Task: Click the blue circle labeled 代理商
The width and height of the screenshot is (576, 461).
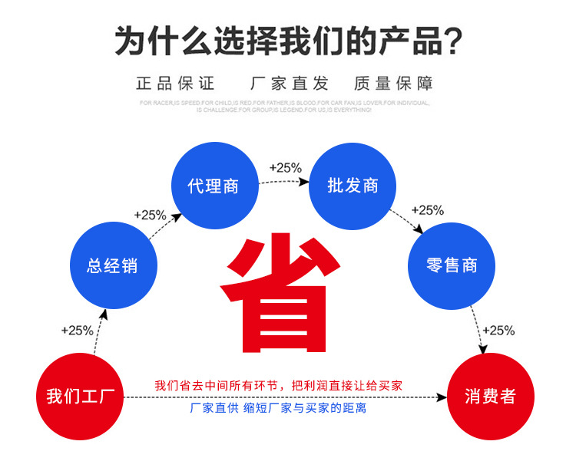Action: point(214,186)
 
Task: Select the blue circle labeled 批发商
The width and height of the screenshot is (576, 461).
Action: point(353,186)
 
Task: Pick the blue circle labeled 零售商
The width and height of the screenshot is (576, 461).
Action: point(452,266)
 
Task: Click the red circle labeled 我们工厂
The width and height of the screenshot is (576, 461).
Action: point(81,397)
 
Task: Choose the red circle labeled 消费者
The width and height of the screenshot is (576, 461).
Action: point(490,397)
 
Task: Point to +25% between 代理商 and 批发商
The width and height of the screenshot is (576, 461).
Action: point(285,167)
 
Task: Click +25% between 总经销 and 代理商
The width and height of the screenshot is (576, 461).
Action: point(150,215)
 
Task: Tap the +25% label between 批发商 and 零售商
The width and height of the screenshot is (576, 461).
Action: point(428,209)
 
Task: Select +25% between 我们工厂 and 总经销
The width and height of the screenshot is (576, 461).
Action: point(77,331)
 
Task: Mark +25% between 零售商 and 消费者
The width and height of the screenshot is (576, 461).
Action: point(498,331)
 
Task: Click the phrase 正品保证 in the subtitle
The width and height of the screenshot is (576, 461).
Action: point(176,83)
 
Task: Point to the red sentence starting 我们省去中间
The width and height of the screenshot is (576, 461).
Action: point(278,385)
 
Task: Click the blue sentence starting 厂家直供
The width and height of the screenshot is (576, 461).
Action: point(278,408)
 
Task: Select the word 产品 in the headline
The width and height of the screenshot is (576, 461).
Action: point(409,40)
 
